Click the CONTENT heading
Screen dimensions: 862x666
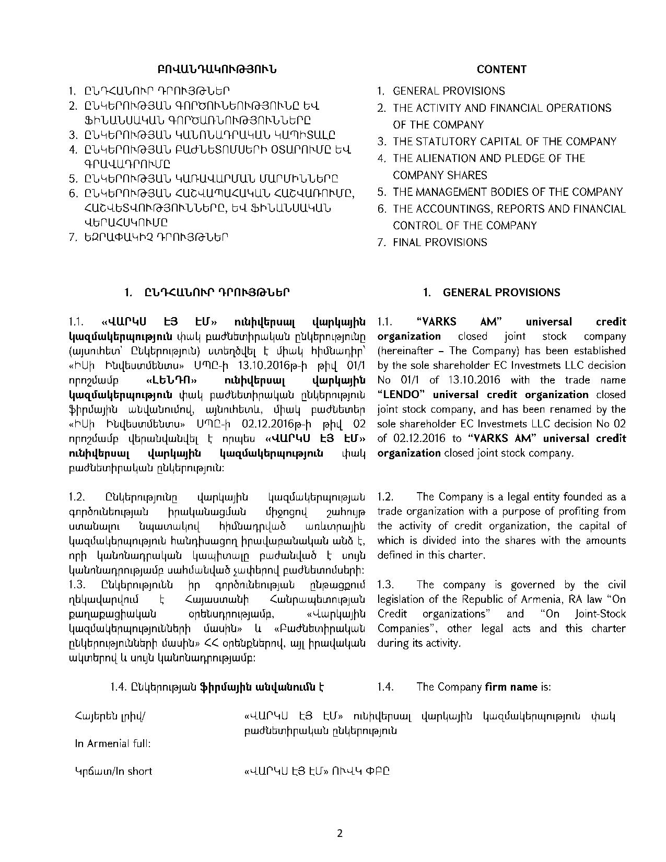(x=501, y=69)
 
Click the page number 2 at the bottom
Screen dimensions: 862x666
(x=340, y=833)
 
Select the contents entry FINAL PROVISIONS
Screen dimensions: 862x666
(x=440, y=242)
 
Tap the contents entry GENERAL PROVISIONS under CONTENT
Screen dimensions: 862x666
(x=449, y=91)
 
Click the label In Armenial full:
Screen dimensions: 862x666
(x=113, y=743)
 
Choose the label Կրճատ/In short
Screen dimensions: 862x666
(x=114, y=771)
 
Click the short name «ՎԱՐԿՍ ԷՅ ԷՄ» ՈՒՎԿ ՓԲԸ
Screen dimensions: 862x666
(x=317, y=772)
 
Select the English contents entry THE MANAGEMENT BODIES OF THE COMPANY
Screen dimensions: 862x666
(x=507, y=192)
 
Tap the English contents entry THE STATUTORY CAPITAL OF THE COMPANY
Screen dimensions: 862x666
(x=505, y=142)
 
